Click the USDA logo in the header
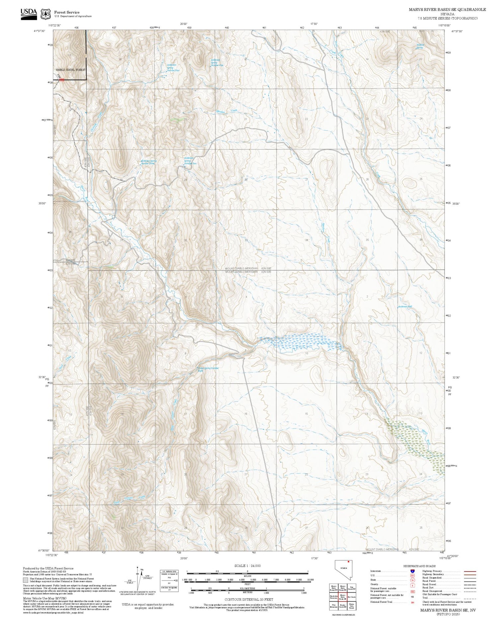pos(29,14)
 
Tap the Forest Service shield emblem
pos(45,14)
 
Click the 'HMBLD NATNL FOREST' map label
pos(71,70)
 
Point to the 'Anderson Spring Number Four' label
pos(171,68)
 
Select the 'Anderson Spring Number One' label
pos(216,62)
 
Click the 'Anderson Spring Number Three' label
pos(148,162)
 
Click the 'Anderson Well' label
pos(405,306)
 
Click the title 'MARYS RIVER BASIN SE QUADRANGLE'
pos(447,10)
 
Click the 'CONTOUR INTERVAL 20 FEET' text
pos(249,600)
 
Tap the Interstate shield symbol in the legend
pos(412,571)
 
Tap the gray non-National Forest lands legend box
pos(25,580)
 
